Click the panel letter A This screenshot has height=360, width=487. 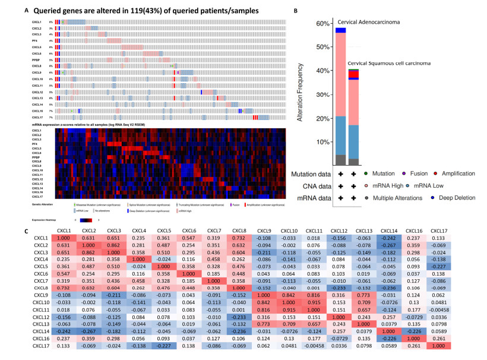click(x=26, y=10)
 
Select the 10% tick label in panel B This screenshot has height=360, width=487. click(x=321, y=143)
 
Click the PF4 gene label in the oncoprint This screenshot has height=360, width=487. click(x=36, y=40)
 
